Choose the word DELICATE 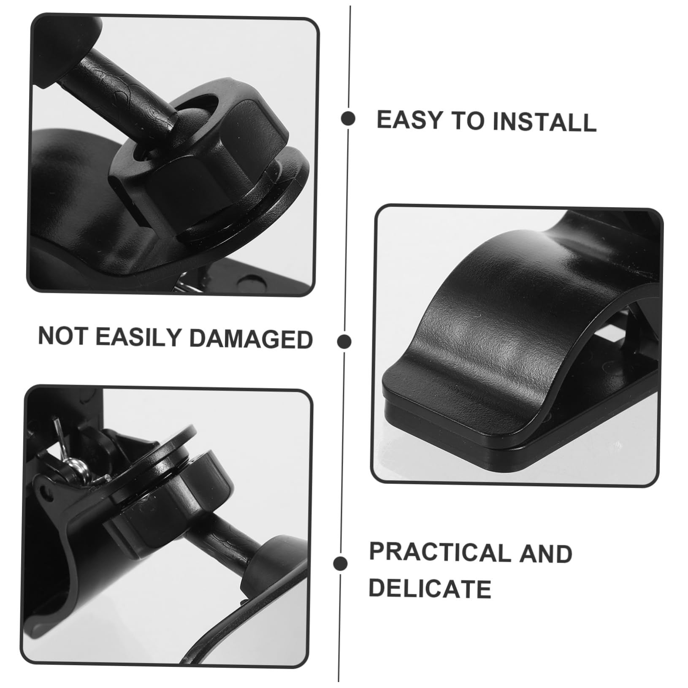[430, 589]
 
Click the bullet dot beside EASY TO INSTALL [348, 119]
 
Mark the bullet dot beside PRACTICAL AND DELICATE [340, 563]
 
